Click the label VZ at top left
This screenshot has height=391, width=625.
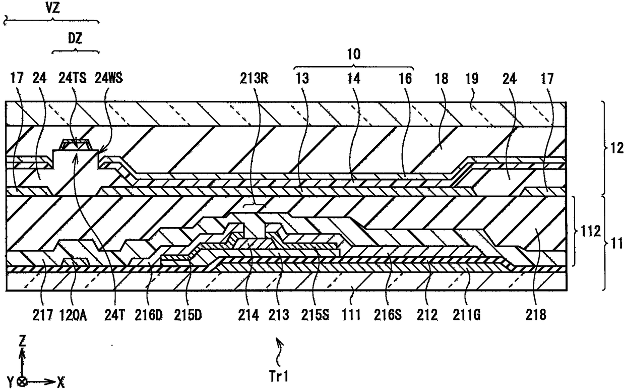[x=52, y=8]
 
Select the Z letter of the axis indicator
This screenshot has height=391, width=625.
[x=22, y=341]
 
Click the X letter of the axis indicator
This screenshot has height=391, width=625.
[x=61, y=381]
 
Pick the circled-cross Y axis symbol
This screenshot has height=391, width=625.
[x=22, y=381]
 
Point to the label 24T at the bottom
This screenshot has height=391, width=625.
[x=115, y=316]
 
